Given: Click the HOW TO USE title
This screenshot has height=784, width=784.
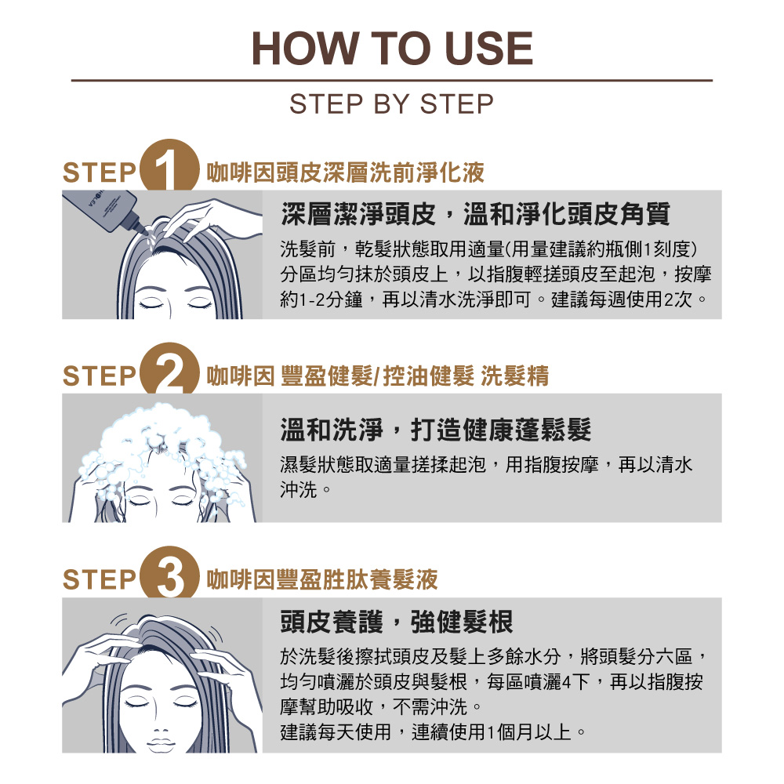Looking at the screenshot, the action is [392, 49].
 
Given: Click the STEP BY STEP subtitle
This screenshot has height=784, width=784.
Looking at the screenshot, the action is [391, 104].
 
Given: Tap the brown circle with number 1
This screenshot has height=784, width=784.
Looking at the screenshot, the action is [169, 165].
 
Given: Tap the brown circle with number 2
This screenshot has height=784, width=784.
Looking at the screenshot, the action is [169, 368].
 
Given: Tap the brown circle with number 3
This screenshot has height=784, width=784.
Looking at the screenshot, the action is [169, 572].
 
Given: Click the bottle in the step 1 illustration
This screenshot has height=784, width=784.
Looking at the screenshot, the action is [107, 209].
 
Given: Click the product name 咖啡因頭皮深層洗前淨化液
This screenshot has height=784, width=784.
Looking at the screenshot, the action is [346, 172].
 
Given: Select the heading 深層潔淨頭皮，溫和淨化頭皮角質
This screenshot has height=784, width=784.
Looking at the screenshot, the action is [476, 214].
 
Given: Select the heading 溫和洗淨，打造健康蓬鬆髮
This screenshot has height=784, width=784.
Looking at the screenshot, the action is [436, 430].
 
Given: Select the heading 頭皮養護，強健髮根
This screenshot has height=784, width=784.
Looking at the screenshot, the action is [397, 622].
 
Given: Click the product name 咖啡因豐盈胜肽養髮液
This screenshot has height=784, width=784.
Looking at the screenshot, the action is [322, 580].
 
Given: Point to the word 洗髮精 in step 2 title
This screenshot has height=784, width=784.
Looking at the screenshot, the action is [515, 376].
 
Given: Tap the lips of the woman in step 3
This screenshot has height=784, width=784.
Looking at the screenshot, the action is [161, 741].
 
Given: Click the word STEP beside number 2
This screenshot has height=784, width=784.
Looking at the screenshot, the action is [99, 376].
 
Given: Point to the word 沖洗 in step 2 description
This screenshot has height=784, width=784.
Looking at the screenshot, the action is [299, 490].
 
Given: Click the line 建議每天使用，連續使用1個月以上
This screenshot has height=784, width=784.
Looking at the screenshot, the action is [433, 732].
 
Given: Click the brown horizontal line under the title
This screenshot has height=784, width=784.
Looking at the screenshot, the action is [392, 80].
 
